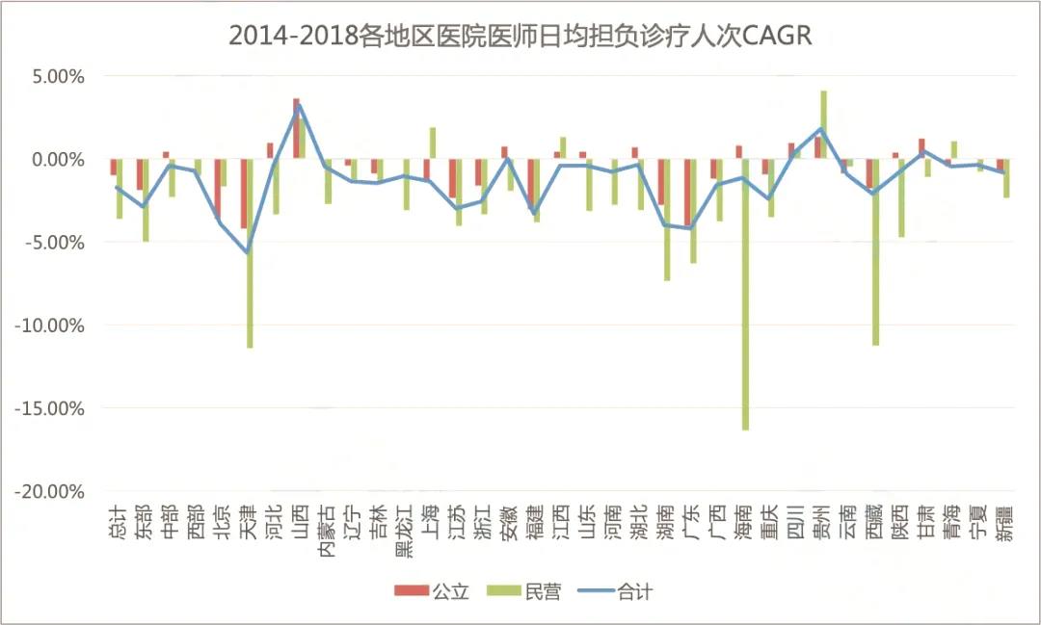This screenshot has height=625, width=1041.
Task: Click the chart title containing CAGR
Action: (520, 36)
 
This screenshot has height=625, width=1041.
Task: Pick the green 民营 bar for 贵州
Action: (824, 123)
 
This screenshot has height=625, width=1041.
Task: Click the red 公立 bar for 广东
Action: (687, 193)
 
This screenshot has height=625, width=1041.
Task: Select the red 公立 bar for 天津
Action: (244, 193)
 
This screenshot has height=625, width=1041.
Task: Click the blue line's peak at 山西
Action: (300, 105)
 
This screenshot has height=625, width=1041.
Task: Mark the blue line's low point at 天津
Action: (248, 252)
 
